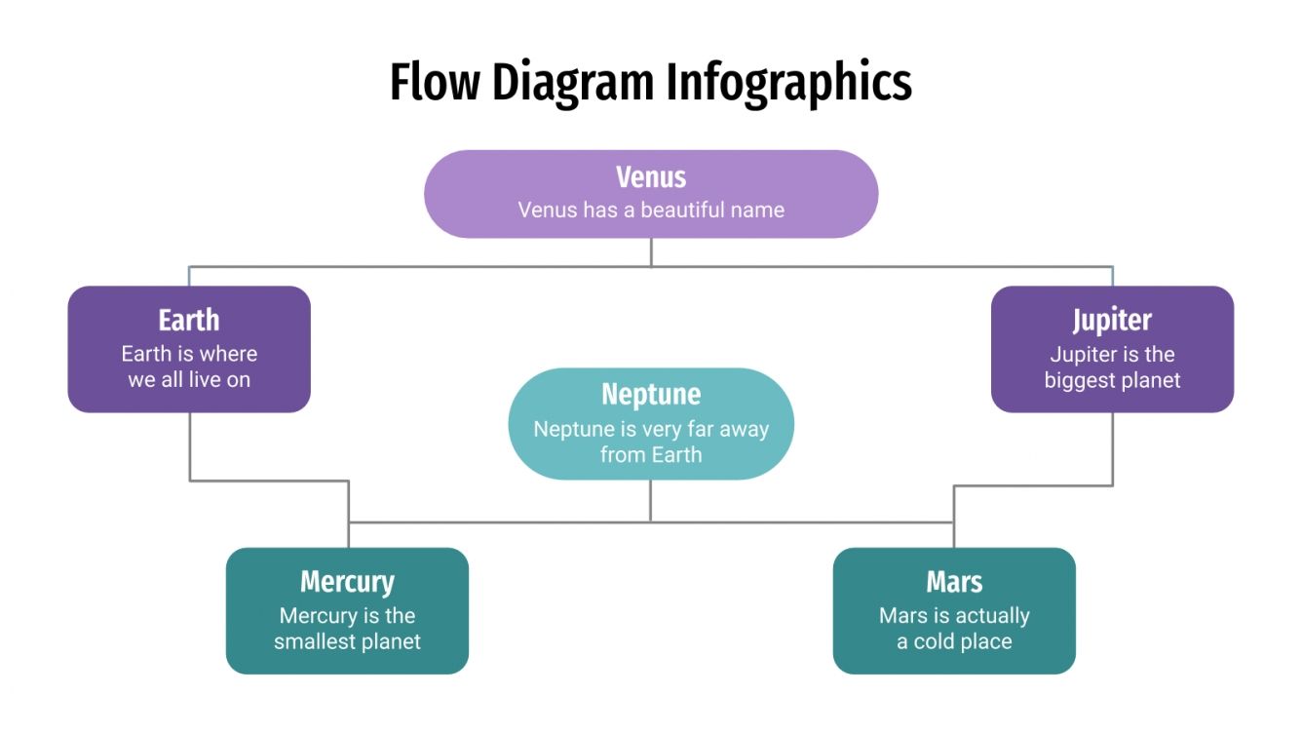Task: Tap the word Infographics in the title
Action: click(789, 82)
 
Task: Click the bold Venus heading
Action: click(651, 177)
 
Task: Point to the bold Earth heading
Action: click(189, 320)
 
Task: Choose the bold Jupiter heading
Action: click(1112, 320)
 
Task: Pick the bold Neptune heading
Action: click(651, 394)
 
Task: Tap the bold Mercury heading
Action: click(347, 582)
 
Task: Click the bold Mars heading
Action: click(954, 582)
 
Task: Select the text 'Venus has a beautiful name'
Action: click(651, 210)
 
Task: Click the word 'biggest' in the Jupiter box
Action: click(1078, 380)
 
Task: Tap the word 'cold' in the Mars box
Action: click(934, 641)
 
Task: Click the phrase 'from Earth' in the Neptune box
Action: click(651, 454)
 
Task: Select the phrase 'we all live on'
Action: click(189, 380)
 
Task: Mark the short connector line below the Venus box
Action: click(651, 251)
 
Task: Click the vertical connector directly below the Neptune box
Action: click(651, 500)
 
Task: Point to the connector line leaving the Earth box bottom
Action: click(190, 445)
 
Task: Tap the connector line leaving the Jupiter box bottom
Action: click(1112, 448)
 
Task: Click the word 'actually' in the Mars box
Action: click(991, 616)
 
